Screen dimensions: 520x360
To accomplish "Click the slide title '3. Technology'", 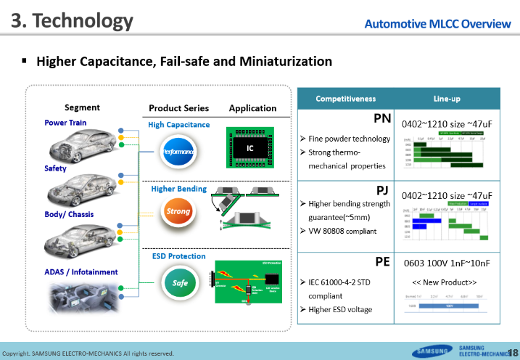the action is [x=72, y=21].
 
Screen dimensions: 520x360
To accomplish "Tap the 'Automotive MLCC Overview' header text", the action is [x=437, y=24].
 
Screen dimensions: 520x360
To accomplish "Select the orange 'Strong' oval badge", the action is [x=178, y=212].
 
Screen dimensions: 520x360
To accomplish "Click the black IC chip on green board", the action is [x=249, y=147].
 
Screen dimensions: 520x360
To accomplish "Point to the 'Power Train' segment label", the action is [x=65, y=123].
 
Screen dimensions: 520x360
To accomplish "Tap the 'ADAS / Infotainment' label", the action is [x=81, y=272].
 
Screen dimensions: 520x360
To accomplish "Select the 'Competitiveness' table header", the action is [x=345, y=98].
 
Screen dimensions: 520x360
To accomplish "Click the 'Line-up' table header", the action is [x=450, y=98].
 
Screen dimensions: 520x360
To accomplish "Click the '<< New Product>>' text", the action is [x=445, y=282].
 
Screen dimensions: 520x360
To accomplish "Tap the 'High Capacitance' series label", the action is [x=178, y=125].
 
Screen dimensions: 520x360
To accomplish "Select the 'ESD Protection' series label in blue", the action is [x=178, y=256].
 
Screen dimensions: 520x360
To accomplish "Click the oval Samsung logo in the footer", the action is [x=432, y=352].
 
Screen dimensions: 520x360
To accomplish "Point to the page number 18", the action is [x=513, y=352].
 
